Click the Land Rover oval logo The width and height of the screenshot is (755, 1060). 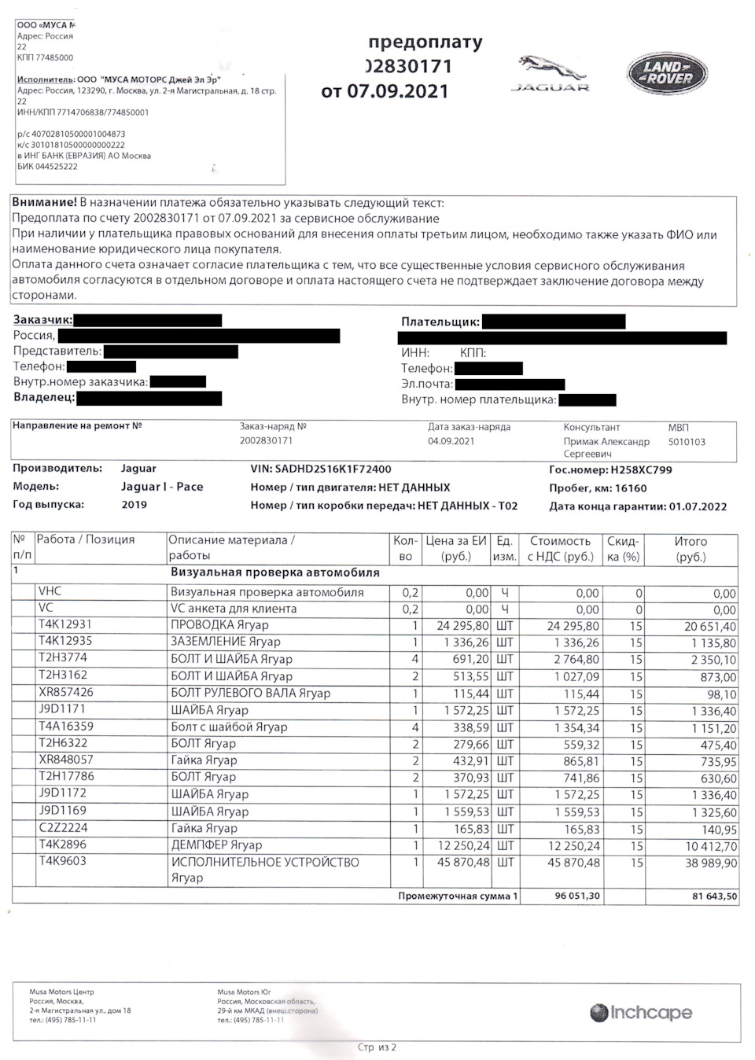coord(668,73)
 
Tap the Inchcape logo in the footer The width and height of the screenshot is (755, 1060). coord(641,1013)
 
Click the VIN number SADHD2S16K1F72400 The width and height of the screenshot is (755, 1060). coord(333,469)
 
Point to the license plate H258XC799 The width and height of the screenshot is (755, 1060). coord(641,470)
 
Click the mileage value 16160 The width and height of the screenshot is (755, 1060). coord(631,488)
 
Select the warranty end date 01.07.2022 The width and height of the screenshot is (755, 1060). coord(698,507)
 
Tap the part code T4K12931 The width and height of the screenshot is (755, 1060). coord(65,624)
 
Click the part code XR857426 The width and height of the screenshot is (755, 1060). coord(66,693)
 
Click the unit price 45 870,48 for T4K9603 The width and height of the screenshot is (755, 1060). coord(455,863)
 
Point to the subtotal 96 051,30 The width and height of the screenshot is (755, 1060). coord(577,896)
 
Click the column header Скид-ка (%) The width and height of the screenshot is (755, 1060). coord(623,549)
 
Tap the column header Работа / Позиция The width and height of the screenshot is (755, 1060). coord(86,540)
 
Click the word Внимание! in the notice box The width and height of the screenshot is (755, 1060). coord(45,203)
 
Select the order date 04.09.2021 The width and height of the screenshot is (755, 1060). coord(451,441)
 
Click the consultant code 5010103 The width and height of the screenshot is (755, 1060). coord(687,442)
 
